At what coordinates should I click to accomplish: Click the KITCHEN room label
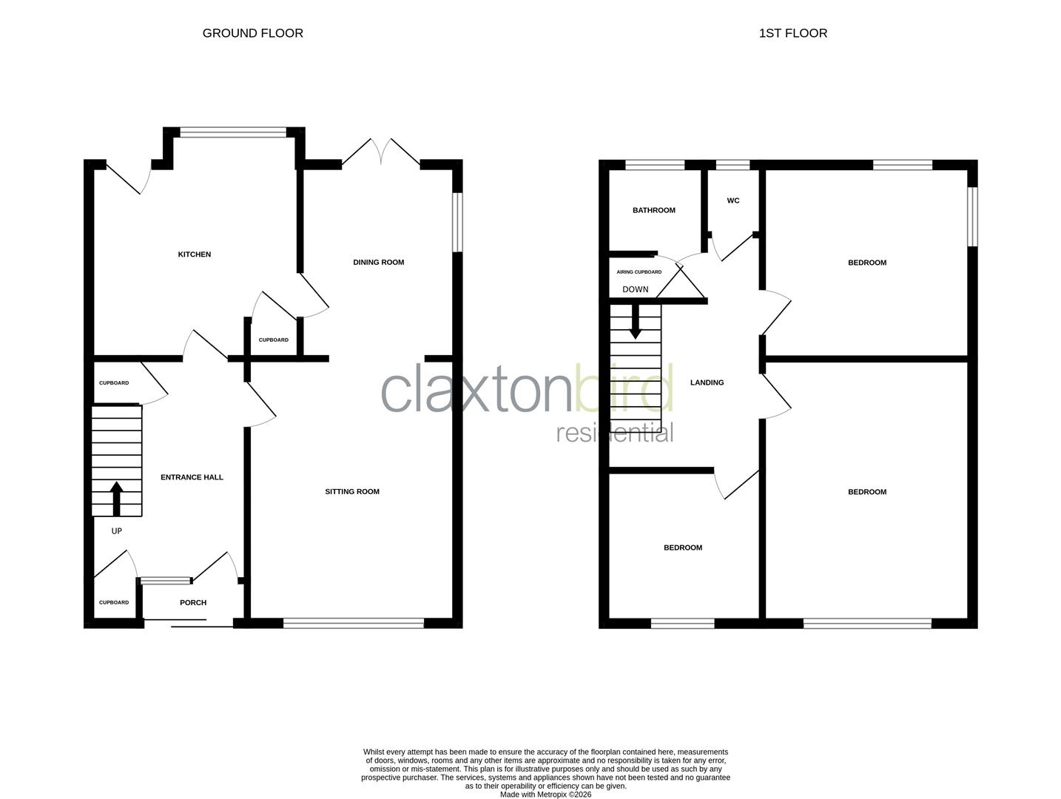(x=194, y=254)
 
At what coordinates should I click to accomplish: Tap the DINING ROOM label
(x=378, y=262)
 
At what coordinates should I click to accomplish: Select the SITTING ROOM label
(x=352, y=491)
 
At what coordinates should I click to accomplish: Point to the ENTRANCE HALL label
(x=192, y=477)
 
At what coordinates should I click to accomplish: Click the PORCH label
(x=193, y=602)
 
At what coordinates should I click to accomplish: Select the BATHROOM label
(x=653, y=210)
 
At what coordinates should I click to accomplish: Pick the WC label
(x=732, y=200)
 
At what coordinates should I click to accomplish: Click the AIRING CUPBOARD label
(x=639, y=272)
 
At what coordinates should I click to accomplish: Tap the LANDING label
(x=707, y=382)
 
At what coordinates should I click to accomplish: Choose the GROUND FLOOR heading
(x=252, y=33)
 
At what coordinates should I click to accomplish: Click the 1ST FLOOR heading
(x=792, y=33)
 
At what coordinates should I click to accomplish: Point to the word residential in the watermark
(x=614, y=433)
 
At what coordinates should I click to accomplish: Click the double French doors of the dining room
(x=380, y=152)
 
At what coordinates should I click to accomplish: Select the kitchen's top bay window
(x=232, y=133)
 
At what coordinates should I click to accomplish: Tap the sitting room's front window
(x=353, y=623)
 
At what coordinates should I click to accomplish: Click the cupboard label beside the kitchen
(x=273, y=340)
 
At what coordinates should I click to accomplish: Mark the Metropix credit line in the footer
(x=545, y=795)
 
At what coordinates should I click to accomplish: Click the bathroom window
(x=655, y=165)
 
